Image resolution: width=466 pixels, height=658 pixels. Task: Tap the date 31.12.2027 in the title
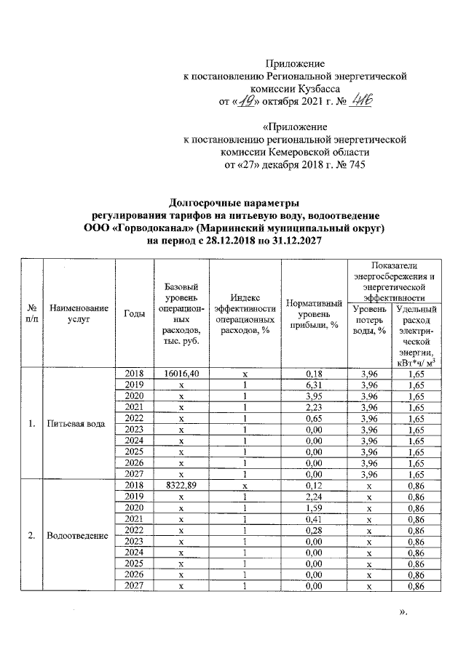(x=291, y=240)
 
